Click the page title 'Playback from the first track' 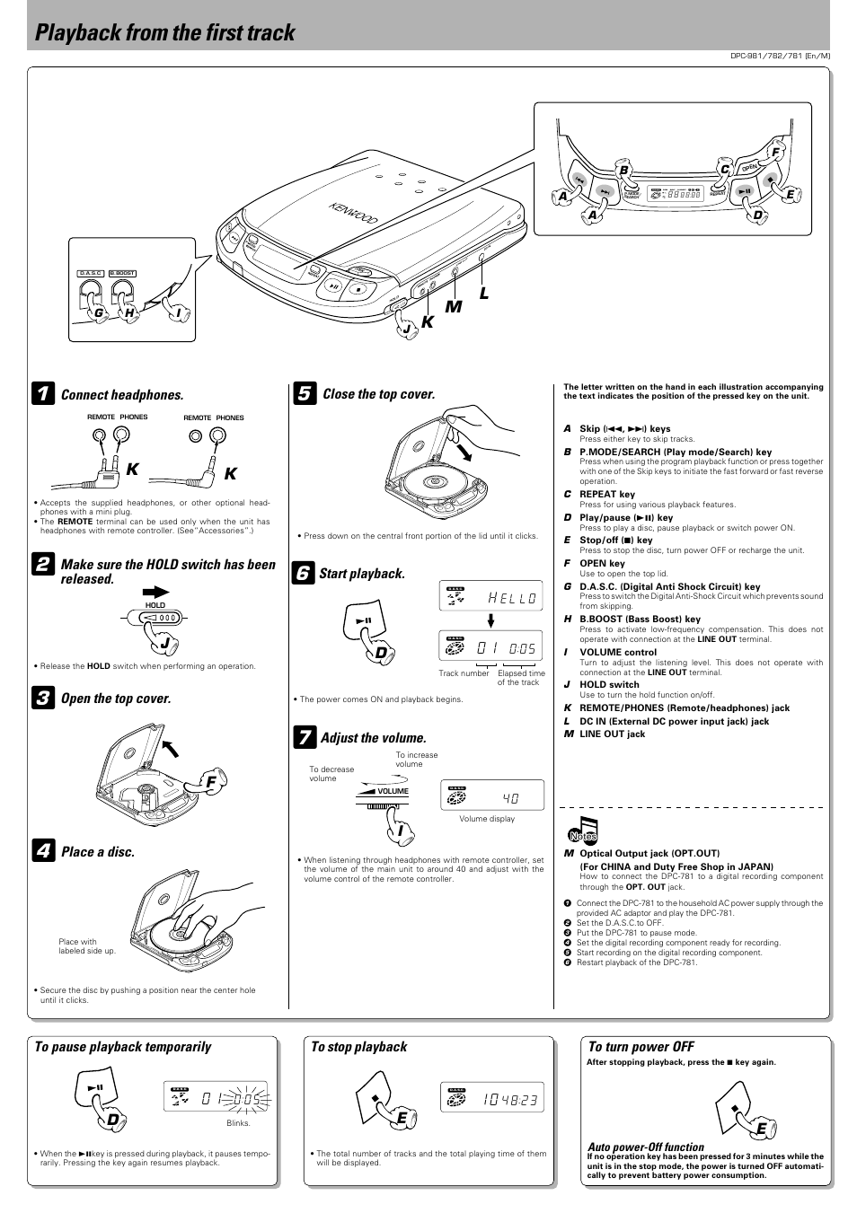(x=165, y=33)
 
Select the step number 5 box (x=305, y=393)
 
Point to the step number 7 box (x=304, y=738)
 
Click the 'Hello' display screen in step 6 (x=491, y=597)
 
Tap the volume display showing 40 (x=491, y=795)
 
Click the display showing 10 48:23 (x=491, y=1097)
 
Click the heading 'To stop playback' (x=358, y=1047)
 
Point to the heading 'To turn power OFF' (x=641, y=1047)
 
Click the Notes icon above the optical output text (x=583, y=832)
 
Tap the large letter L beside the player (x=484, y=294)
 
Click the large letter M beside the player (x=454, y=307)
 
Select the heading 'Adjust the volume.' (x=373, y=738)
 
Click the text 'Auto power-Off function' (x=645, y=1147)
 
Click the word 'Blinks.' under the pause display (x=238, y=1123)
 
